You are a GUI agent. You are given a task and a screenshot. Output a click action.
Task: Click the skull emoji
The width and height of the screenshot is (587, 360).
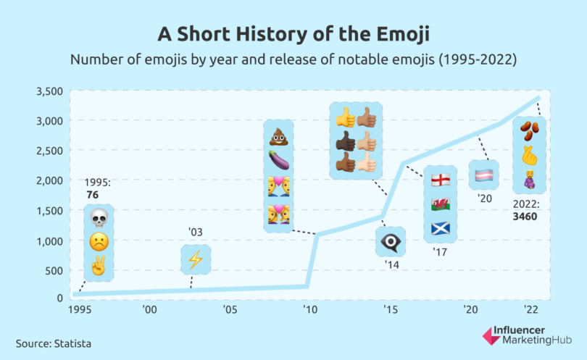pyautogui.click(x=99, y=217)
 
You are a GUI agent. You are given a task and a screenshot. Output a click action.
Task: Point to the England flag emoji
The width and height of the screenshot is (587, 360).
pyautogui.click(x=441, y=180)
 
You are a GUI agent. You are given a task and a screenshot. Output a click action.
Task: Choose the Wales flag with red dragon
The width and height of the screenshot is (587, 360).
pyautogui.click(x=441, y=204)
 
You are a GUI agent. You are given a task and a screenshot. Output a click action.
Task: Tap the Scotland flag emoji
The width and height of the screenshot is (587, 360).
pyautogui.click(x=441, y=229)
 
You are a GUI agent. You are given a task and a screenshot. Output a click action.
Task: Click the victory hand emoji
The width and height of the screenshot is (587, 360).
pyautogui.click(x=99, y=267)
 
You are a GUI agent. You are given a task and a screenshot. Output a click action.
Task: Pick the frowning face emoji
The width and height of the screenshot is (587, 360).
pyautogui.click(x=99, y=242)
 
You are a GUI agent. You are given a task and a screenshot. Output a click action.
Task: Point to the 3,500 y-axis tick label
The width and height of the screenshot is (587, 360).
pyautogui.click(x=49, y=91)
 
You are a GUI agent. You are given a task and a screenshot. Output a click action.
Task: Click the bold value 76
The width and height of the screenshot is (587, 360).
pyautogui.click(x=92, y=194)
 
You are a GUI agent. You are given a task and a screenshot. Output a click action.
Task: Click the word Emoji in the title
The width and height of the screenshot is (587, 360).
pyautogui.click(x=400, y=34)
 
